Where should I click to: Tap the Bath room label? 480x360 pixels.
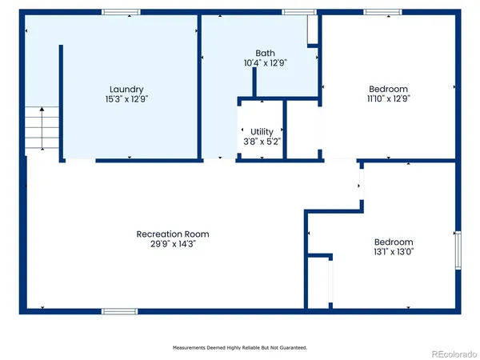(x=264, y=53)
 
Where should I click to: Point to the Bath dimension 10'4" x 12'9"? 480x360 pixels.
(x=264, y=62)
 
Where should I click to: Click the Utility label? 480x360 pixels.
(x=262, y=131)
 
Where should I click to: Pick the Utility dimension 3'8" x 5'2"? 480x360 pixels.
(x=262, y=141)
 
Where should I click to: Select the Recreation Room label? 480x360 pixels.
(x=173, y=234)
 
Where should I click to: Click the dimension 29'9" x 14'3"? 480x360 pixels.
(x=173, y=244)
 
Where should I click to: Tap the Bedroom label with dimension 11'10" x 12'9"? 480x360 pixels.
(x=388, y=89)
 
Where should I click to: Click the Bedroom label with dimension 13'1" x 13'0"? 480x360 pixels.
(x=394, y=242)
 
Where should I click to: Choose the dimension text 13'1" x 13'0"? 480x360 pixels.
(x=394, y=251)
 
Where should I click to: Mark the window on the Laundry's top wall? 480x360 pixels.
(x=120, y=13)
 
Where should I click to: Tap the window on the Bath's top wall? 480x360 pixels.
(x=299, y=13)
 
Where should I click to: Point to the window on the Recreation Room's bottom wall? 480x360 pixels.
(x=119, y=310)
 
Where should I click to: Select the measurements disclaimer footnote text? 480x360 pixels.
(x=240, y=348)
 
